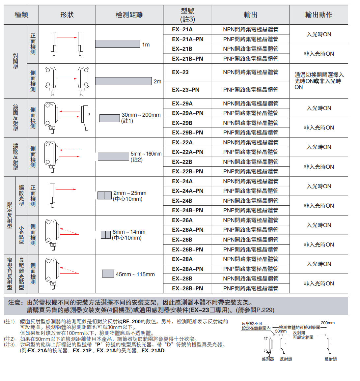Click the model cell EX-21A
pos(182,29)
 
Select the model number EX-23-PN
pos(186,90)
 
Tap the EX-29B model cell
pos(182,123)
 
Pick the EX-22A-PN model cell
pos(187,152)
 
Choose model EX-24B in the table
pos(182,201)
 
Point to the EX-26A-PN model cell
pos(187,230)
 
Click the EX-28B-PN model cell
pos(187,288)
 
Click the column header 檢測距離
pos(129,15)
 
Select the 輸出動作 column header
pos(318,15)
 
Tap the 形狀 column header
pos(67,15)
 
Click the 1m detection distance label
pos(146,44)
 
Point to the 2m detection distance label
pos(157,81)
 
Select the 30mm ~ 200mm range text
pos(141,115)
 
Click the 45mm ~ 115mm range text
pos(135,274)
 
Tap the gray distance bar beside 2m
pos(124,81)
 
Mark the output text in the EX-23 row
pos(250,72)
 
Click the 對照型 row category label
pos(15,61)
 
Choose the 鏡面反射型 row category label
pos(15,118)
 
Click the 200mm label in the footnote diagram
pos(327,323)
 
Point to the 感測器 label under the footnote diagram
pos(268,359)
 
